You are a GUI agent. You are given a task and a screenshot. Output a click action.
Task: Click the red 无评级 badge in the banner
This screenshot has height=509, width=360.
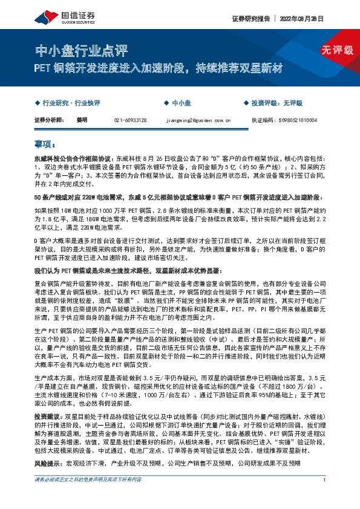pyautogui.click(x=337, y=51)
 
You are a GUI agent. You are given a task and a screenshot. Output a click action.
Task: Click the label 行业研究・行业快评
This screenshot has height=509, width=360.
pyautogui.click(x=74, y=103)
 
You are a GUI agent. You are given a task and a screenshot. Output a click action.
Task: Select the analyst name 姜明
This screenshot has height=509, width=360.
pyautogui.click(x=82, y=120)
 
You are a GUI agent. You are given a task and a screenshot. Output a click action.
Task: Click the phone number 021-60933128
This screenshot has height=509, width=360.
pyautogui.click(x=130, y=120)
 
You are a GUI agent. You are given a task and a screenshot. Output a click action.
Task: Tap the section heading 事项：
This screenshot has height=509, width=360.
pyautogui.click(x=46, y=144)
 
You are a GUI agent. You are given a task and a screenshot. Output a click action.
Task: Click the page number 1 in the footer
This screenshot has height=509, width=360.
pyautogui.click(x=325, y=497)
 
